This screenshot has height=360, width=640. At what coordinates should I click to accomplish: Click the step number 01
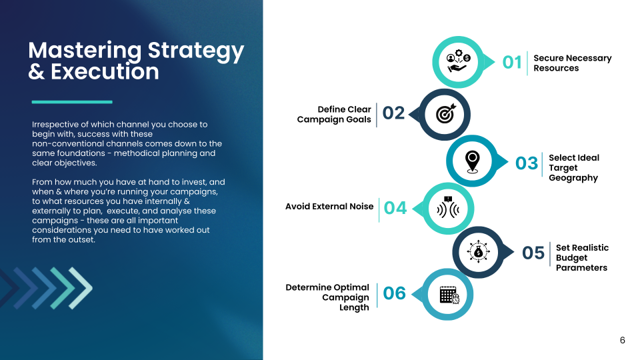(512, 63)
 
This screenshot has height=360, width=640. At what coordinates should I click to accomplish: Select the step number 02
(393, 113)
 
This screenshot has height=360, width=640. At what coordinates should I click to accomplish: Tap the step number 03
(527, 163)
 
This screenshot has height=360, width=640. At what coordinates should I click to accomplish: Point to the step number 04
(395, 208)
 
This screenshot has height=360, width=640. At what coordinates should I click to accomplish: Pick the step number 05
(533, 253)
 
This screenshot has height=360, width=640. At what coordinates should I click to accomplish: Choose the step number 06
(394, 293)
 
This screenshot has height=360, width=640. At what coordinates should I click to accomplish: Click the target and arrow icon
(445, 113)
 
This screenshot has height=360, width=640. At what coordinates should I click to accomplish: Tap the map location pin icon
(472, 161)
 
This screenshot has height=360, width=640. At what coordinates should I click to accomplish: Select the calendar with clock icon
(449, 295)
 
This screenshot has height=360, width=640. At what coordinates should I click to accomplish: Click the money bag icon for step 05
(478, 252)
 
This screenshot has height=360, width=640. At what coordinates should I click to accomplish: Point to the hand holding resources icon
(459, 61)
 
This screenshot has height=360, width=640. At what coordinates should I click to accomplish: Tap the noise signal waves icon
(448, 207)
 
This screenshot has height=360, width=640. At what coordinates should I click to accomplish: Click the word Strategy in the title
(195, 51)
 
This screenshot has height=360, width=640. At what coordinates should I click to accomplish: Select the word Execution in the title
(105, 71)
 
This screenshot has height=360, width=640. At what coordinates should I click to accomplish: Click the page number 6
(622, 340)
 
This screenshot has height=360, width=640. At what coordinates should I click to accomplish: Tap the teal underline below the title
(72, 102)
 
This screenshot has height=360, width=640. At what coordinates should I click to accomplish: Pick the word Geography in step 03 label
(573, 178)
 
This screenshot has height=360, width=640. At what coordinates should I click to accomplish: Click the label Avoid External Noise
(329, 207)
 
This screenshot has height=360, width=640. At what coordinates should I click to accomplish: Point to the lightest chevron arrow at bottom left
(81, 288)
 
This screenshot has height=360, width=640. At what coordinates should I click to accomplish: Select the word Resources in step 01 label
(556, 68)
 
